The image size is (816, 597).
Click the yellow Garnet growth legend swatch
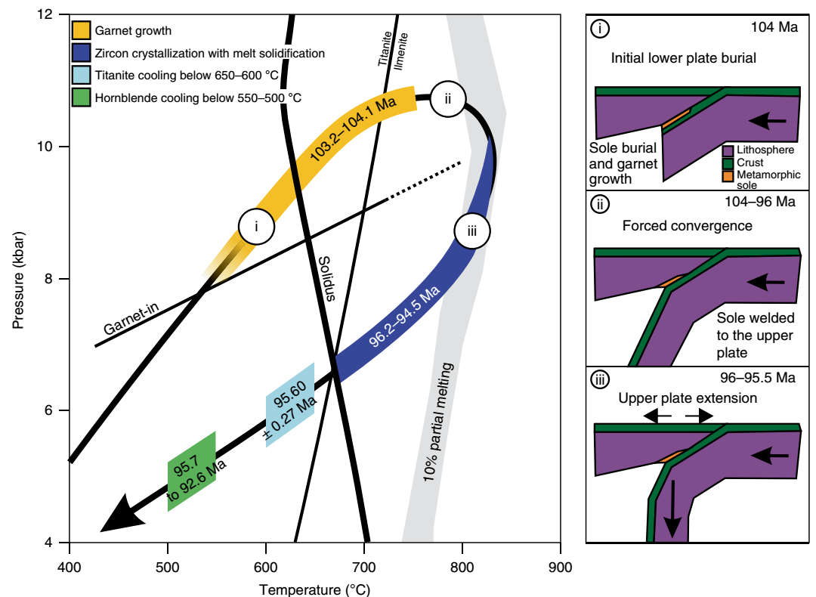click(82, 31)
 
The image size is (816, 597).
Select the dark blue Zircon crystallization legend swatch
click(82, 53)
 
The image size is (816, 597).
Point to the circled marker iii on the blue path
click(472, 230)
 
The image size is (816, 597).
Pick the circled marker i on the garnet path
click(256, 226)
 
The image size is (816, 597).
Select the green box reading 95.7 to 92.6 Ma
click(192, 472)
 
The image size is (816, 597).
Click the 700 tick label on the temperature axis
click(363, 565)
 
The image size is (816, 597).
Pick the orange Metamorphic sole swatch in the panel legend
click(728, 175)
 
